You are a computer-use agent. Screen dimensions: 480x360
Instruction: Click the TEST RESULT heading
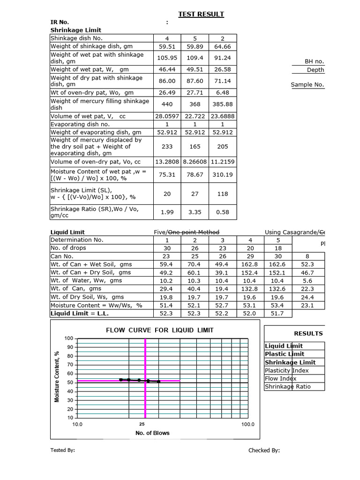(x=201, y=14)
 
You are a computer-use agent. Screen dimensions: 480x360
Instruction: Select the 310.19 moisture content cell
(x=223, y=175)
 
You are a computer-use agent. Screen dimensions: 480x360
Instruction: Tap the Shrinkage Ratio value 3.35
(x=195, y=212)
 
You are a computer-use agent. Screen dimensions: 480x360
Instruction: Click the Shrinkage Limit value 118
(x=223, y=194)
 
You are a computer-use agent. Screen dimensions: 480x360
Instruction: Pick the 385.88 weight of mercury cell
(x=223, y=104)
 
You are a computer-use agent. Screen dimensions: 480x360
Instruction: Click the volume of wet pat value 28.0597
(x=167, y=116)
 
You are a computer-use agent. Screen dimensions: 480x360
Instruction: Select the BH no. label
(x=314, y=61)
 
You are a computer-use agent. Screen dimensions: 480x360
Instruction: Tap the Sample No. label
(x=307, y=85)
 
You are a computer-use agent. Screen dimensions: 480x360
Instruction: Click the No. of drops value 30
(x=167, y=248)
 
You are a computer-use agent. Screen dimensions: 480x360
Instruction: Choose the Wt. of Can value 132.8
(x=250, y=289)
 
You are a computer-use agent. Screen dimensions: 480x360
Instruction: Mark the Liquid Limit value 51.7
(x=278, y=314)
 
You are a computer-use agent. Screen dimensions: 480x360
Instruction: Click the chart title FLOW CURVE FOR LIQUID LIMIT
(x=160, y=330)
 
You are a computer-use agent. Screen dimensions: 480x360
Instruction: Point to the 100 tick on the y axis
(x=69, y=338)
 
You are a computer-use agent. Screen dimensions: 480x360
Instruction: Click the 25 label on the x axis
(x=142, y=424)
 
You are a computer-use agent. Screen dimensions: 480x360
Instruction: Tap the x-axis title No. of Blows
(x=152, y=433)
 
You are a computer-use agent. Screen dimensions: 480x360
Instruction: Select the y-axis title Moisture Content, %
(x=57, y=376)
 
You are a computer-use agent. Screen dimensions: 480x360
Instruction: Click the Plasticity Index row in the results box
(x=287, y=370)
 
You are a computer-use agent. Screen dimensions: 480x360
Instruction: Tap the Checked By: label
(x=264, y=450)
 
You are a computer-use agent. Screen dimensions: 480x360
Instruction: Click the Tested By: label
(x=62, y=450)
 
